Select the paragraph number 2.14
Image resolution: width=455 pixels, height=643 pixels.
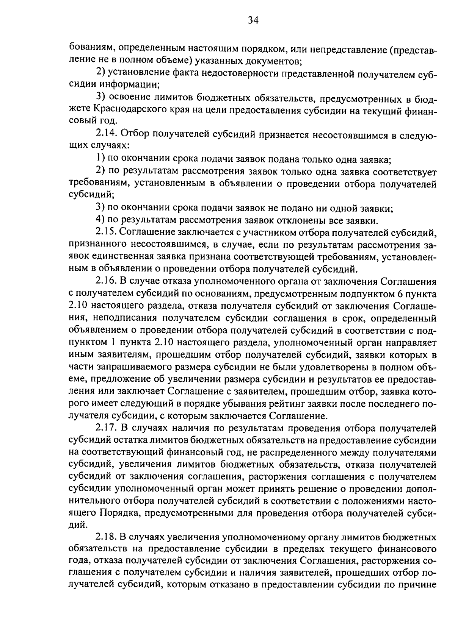[x=107, y=134]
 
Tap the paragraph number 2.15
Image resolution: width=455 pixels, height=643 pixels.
[x=107, y=232]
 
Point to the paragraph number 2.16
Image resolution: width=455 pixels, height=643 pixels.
[x=107, y=281]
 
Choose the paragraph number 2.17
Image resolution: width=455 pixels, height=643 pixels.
[x=107, y=428]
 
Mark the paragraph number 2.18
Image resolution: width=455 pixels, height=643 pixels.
[x=107, y=537]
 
